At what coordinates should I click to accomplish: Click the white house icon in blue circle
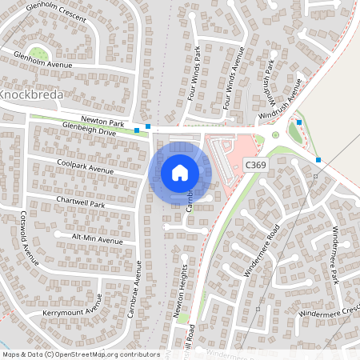tap(180, 173)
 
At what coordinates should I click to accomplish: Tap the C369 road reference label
tap(255, 164)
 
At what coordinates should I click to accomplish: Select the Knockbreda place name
tap(31, 94)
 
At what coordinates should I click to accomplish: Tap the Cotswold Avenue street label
tap(30, 243)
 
